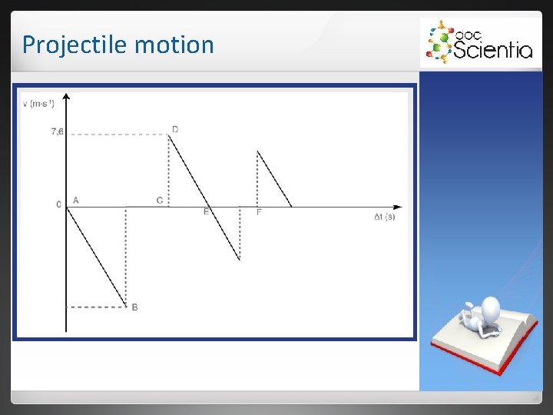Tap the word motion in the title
(174, 45)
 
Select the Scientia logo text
(492, 50)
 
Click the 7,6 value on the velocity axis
(57, 132)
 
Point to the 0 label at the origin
(58, 204)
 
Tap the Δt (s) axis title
(384, 217)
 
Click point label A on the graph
(75, 201)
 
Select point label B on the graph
(134, 307)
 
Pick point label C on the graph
(159, 201)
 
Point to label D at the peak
(175, 129)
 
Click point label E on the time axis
(206, 211)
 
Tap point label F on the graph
(259, 211)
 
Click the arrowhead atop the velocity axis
(67, 97)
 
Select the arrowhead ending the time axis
(397, 207)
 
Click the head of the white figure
(489, 310)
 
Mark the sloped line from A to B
(96, 256)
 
